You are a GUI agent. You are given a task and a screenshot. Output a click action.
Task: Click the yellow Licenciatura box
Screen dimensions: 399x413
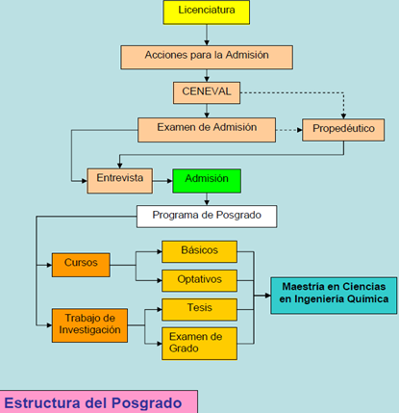[207, 13]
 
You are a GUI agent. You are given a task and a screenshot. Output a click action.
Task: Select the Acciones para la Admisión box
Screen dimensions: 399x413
[207, 57]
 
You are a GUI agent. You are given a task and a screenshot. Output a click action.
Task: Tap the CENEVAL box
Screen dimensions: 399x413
[207, 92]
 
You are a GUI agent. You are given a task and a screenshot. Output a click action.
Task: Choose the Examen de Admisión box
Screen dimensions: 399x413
[207, 130]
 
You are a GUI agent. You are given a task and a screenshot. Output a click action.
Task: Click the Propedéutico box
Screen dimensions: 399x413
[343, 130]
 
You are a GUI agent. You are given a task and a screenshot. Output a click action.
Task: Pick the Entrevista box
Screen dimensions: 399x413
[120, 181]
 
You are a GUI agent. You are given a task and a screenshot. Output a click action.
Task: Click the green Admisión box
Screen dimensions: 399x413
[207, 181]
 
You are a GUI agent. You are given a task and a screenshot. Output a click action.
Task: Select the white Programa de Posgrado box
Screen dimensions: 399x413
[207, 217]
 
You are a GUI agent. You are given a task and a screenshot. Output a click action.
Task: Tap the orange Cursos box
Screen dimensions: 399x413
[81, 265]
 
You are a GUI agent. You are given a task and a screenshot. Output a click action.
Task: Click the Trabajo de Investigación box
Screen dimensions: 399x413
[89, 325]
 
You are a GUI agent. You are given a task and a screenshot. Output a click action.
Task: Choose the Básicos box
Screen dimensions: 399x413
[199, 251]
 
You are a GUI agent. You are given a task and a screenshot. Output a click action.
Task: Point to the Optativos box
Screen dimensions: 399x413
[199, 280]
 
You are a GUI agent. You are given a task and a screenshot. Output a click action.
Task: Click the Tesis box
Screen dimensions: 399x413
[199, 309]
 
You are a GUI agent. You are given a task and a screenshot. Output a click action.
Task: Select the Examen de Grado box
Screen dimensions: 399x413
[199, 344]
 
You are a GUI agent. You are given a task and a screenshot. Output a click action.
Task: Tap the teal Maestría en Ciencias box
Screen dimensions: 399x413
[334, 296]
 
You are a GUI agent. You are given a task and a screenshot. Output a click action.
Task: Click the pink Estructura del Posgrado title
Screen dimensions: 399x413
[98, 401]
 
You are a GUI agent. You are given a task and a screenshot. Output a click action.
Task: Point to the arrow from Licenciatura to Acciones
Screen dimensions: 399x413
[207, 35]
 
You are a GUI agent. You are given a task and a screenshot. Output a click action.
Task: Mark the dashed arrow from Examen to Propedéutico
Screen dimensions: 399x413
[289, 130]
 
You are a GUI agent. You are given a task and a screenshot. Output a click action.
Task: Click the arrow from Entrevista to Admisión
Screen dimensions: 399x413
[162, 181]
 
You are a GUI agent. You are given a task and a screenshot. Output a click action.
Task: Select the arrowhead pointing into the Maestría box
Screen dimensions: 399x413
[268, 296]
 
